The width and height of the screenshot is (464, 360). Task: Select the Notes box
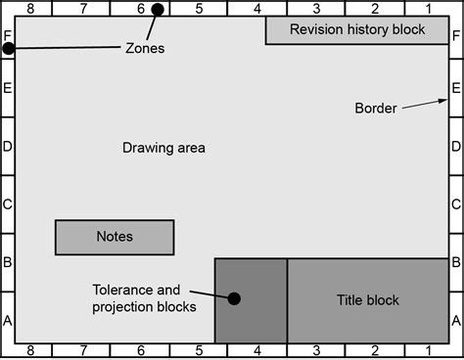point(115,237)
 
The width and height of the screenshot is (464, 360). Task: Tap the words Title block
point(367,300)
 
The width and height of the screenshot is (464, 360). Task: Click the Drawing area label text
point(163,149)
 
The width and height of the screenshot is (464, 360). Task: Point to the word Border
point(375,109)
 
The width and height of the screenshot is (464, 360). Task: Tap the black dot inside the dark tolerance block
point(234,298)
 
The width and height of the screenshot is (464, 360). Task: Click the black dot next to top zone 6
point(157,10)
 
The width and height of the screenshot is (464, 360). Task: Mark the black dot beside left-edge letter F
point(9,48)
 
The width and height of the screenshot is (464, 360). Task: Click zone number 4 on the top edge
point(256,9)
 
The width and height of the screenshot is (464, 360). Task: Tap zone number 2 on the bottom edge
point(374,350)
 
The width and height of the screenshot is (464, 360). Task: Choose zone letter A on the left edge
point(8,320)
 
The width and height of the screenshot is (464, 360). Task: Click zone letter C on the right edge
point(455,205)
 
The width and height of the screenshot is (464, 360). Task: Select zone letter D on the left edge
point(8,147)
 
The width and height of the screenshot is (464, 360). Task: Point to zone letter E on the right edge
point(455,89)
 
